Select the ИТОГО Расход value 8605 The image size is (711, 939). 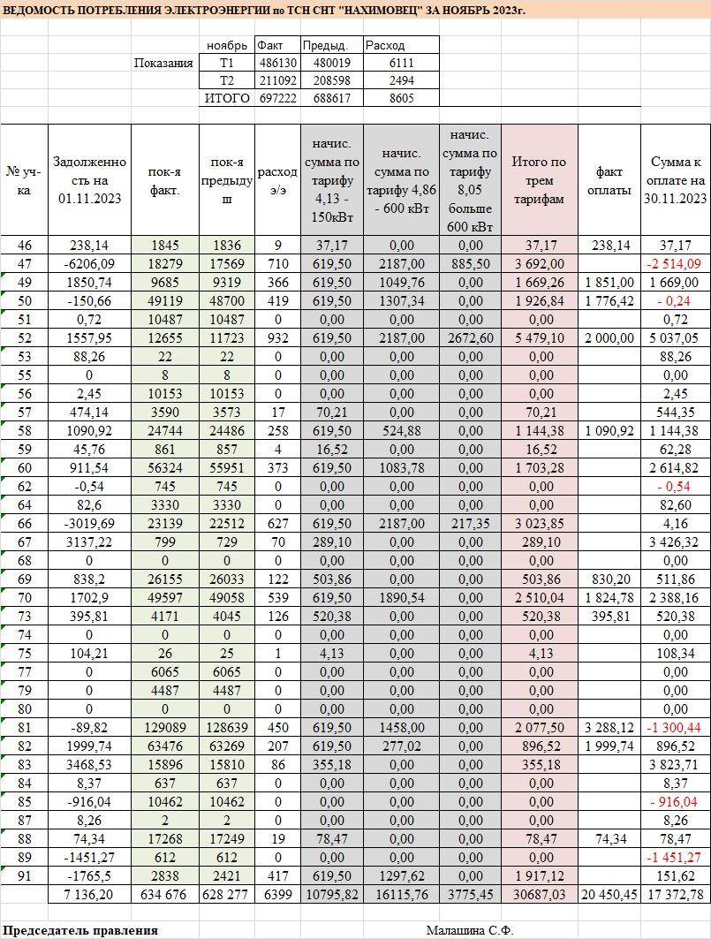pos(401,98)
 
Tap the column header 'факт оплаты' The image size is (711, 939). pos(609,179)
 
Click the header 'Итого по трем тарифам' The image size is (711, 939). pos(539,180)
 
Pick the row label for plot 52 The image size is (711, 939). pos(24,337)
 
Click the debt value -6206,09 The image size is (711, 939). pos(89,263)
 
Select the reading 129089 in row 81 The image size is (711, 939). pos(164,728)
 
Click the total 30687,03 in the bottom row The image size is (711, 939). pos(539,895)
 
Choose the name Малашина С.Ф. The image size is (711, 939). pos(469,930)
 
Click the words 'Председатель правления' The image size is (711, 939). pos(80,930)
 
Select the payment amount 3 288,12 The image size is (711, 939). pos(609,728)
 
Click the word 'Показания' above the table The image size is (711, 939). pos(163,63)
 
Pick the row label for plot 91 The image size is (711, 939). pos(24,876)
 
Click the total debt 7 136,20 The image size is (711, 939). pos(89,895)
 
